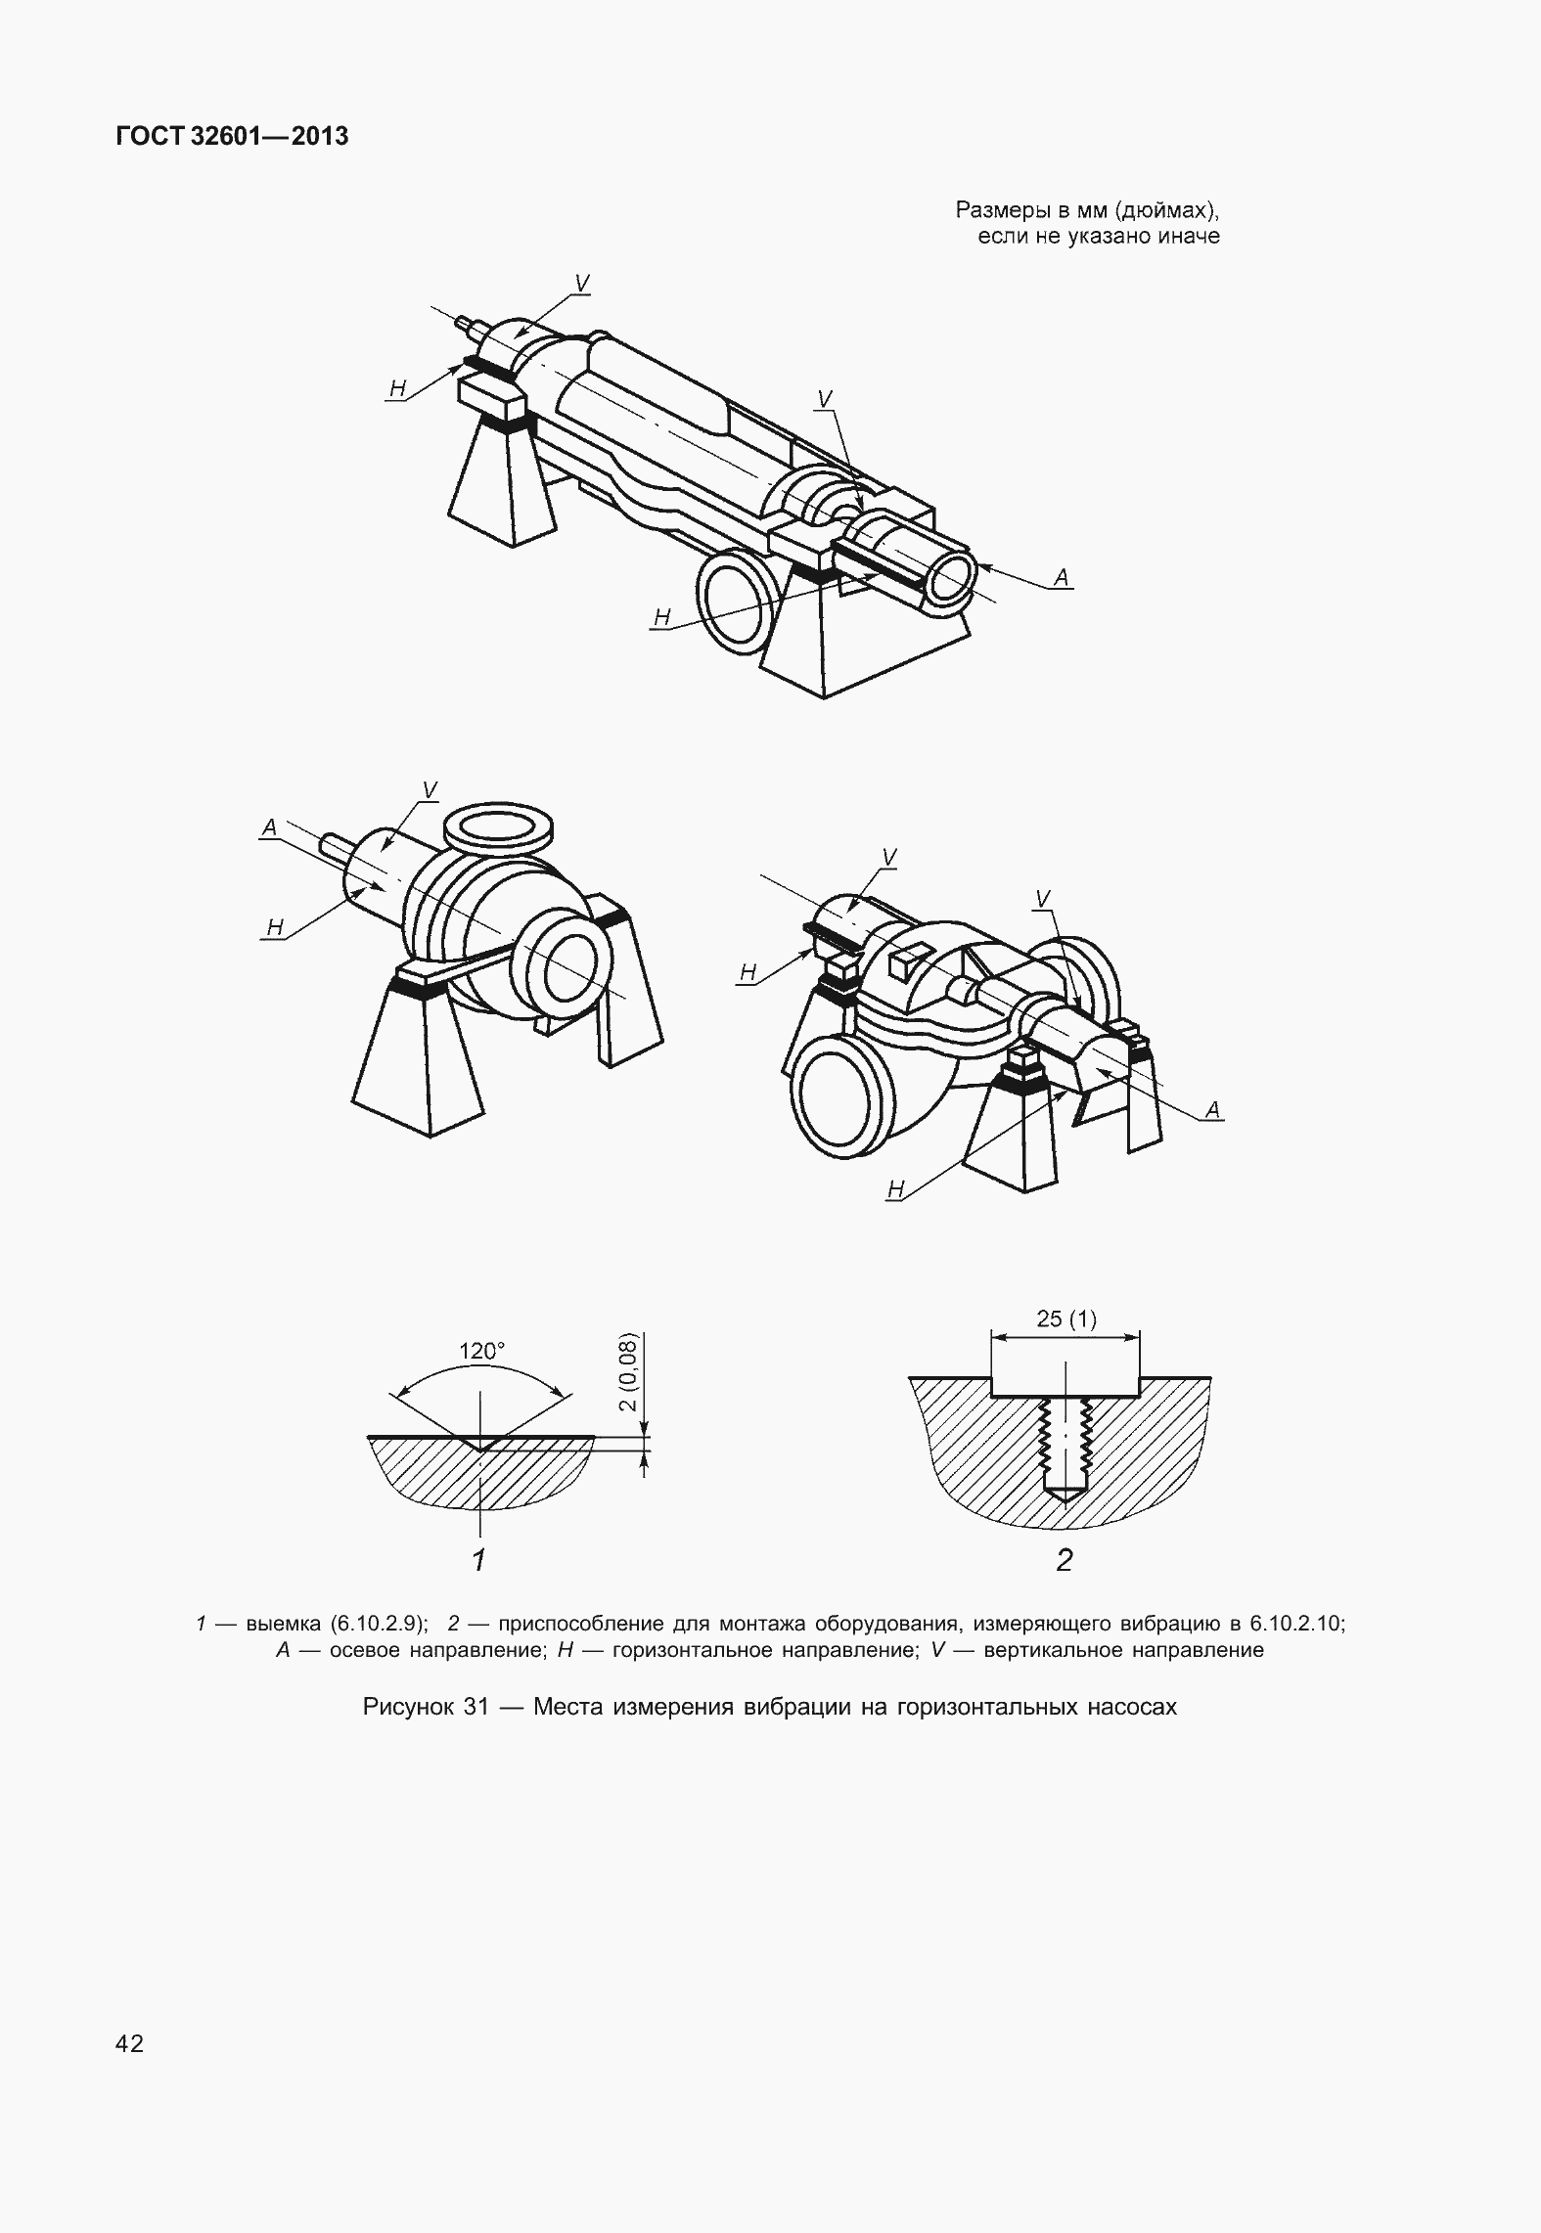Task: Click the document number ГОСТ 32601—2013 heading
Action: click(x=232, y=137)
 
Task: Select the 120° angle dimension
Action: click(x=482, y=1351)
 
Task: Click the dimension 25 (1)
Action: click(x=1066, y=1319)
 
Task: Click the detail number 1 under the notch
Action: click(x=478, y=1560)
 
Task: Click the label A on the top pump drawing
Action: click(x=1061, y=578)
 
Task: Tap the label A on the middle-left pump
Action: click(x=270, y=827)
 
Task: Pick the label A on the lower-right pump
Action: click(x=1213, y=1109)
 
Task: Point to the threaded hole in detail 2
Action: click(x=1065, y=1449)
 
